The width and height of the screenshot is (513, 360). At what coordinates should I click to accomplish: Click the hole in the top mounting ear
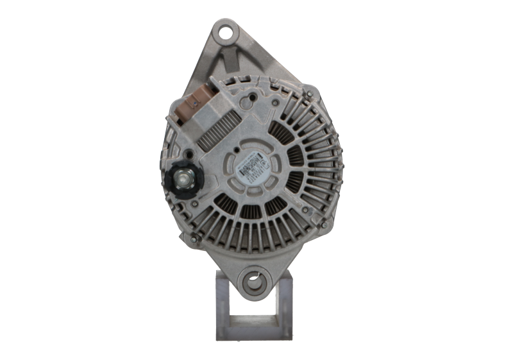(x=225, y=30)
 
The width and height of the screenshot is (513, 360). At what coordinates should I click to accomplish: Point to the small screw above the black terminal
(x=190, y=155)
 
